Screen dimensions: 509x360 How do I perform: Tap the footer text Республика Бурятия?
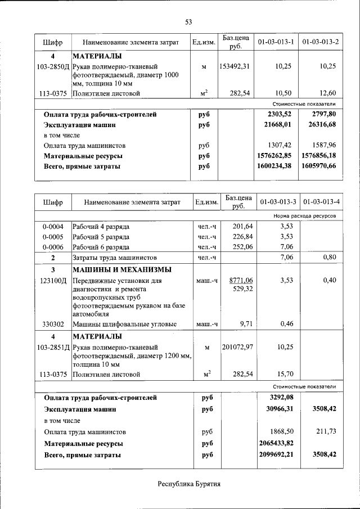pyautogui.click(x=188, y=483)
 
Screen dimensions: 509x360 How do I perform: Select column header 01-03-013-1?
pyautogui.click(x=276, y=42)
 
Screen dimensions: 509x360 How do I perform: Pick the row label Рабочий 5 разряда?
pyautogui.click(x=101, y=237)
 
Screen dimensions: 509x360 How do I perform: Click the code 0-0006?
pyautogui.click(x=53, y=247)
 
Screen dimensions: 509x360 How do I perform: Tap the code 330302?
pyautogui.click(x=53, y=324)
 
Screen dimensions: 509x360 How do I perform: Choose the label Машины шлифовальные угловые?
pyautogui.click(x=124, y=324)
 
